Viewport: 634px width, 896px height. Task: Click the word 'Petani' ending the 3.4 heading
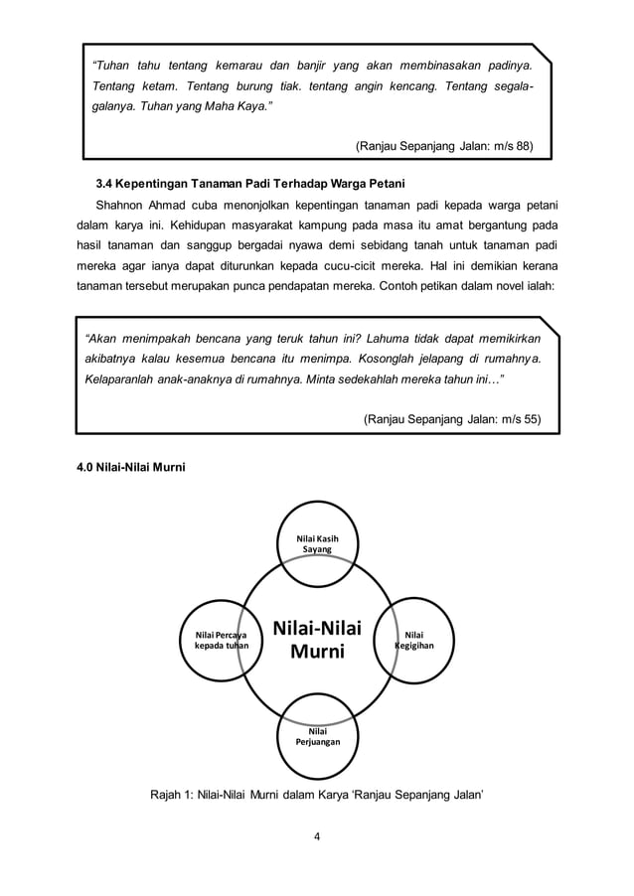[387, 184]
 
